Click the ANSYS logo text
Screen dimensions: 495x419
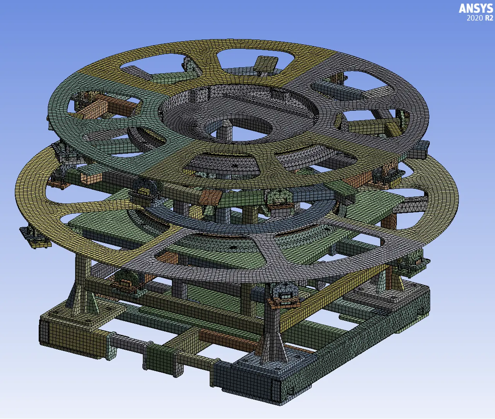click(x=476, y=9)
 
